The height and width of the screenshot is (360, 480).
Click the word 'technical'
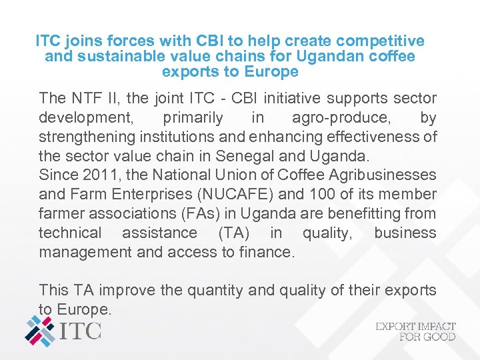pyautogui.click(x=70, y=233)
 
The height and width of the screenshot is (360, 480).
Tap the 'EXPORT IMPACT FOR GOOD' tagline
pyautogui.click(x=416, y=331)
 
